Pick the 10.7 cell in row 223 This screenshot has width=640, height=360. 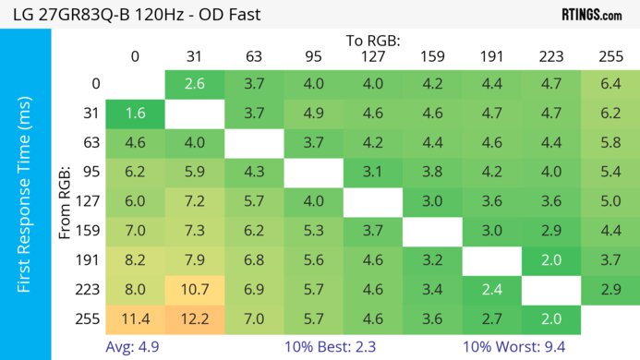tap(194, 290)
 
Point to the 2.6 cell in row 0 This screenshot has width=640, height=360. tap(194, 84)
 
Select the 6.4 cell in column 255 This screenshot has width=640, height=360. tap(610, 84)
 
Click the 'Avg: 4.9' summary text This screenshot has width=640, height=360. tap(135, 348)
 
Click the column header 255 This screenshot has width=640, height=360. tap(610, 55)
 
